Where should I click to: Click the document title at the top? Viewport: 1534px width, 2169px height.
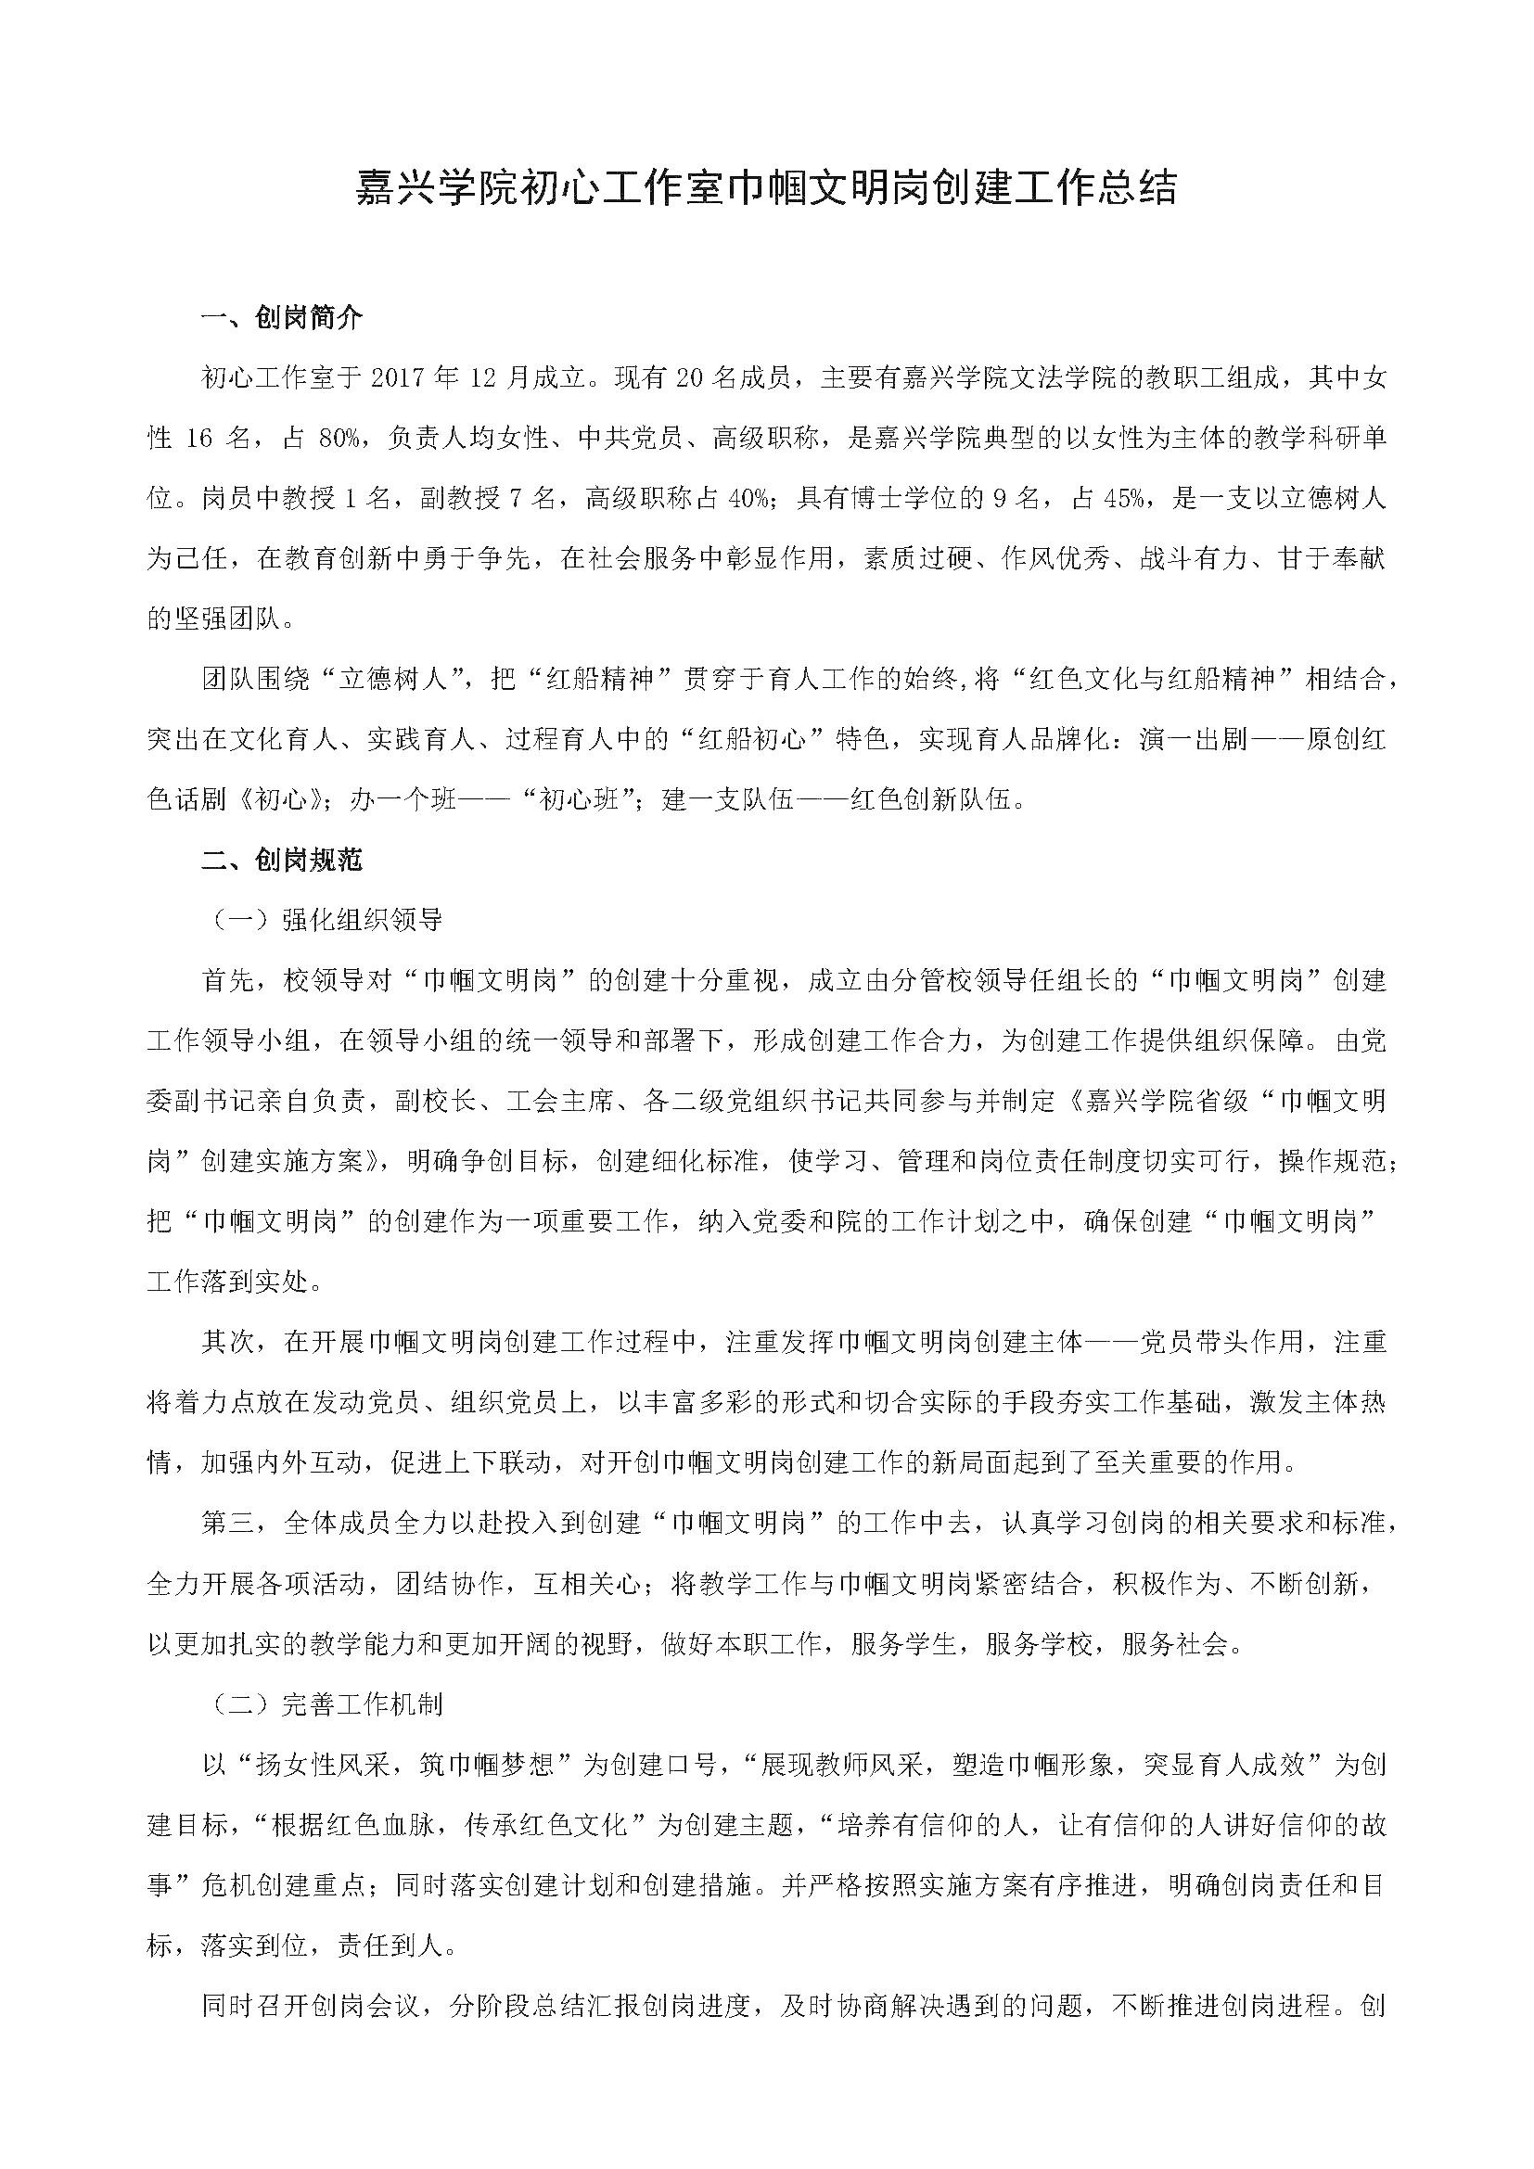click(766, 188)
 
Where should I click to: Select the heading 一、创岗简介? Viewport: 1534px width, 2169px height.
click(282, 318)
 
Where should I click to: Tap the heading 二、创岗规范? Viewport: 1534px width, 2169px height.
click(282, 860)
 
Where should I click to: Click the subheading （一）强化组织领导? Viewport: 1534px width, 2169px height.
click(322, 920)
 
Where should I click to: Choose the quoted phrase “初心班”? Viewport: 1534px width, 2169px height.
click(578, 799)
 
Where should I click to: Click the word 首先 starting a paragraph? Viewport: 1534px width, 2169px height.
click(227, 980)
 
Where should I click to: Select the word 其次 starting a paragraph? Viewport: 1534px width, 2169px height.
click(227, 1342)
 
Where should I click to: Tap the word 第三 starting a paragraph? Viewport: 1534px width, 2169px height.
click(227, 1523)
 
